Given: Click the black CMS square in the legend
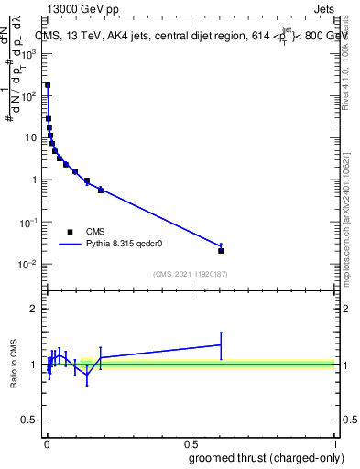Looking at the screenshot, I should (70, 232).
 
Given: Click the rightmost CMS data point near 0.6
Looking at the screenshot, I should (221, 250).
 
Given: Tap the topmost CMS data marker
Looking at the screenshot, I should (48, 85).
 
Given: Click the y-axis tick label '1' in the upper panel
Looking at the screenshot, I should (34, 180).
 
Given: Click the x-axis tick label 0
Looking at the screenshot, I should (47, 442).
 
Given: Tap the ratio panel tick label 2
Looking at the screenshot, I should (35, 309).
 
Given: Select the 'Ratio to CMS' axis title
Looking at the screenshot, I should (14, 364).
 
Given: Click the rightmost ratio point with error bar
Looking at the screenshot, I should (221, 344).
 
